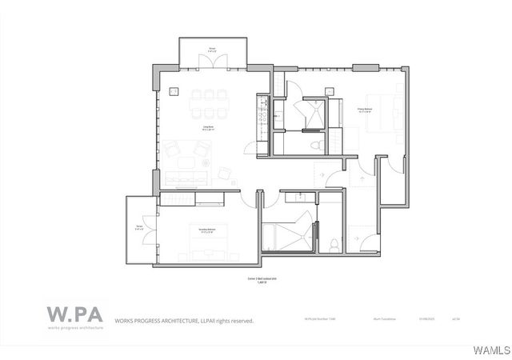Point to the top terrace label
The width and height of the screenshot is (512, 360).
(x=213, y=50)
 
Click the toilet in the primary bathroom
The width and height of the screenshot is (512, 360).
(x=318, y=143)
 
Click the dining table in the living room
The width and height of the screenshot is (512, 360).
(x=209, y=102)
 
